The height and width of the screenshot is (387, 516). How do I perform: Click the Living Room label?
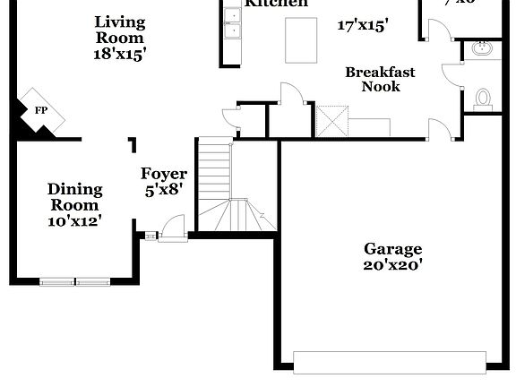(119, 30)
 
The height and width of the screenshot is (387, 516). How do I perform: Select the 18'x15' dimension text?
(119, 53)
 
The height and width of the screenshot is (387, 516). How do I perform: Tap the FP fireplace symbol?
(40, 110)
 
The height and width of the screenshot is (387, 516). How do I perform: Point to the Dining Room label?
(74, 197)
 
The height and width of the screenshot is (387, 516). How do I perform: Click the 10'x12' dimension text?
(74, 220)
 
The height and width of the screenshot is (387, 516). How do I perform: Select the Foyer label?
(164, 174)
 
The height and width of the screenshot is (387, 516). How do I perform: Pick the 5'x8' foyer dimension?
(164, 190)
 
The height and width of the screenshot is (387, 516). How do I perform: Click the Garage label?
(392, 248)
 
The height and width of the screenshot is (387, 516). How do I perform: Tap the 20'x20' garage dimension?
(392, 264)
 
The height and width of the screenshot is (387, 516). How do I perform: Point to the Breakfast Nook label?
(381, 79)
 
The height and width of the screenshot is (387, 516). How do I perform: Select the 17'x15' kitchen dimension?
(362, 26)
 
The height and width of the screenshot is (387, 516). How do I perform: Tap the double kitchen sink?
(232, 31)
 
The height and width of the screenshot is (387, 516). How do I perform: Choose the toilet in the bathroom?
(484, 98)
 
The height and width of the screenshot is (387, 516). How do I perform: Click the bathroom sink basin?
(484, 48)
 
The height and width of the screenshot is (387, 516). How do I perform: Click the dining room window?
(70, 281)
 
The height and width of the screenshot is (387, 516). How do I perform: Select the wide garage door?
(390, 362)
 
